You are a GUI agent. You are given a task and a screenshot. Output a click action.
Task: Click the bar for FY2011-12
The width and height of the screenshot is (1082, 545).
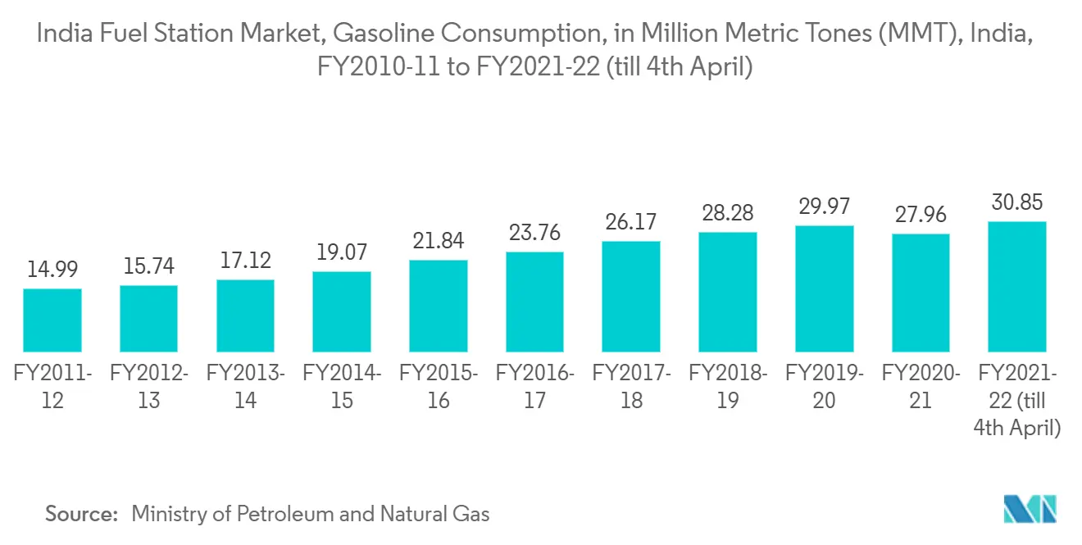point(52,320)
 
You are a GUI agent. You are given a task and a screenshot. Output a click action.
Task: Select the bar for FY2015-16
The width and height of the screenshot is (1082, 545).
point(439,306)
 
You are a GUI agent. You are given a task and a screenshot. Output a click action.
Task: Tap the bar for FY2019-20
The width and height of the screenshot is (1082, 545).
point(825,288)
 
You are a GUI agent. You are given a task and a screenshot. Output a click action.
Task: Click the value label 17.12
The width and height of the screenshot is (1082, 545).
point(245,261)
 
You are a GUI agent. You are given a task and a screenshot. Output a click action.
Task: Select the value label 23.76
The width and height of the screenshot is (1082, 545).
point(534,234)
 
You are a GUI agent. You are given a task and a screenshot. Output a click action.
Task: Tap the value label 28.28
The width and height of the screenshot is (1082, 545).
point(728,214)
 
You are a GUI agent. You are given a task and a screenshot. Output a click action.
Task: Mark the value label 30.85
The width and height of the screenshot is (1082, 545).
point(1017,202)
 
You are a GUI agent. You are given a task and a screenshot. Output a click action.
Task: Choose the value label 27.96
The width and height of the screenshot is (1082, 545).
point(921,216)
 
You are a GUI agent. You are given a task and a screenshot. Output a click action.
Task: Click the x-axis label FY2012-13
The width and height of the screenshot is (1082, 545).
point(148,387)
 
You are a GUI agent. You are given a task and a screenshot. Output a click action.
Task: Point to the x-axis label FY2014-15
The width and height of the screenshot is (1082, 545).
point(342,387)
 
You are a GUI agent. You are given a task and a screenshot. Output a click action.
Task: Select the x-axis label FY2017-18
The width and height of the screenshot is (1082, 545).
point(631,387)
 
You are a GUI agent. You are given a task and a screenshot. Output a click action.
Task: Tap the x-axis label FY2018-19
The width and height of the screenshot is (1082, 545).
point(728,387)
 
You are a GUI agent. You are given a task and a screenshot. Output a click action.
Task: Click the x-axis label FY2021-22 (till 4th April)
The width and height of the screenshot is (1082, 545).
point(1017,400)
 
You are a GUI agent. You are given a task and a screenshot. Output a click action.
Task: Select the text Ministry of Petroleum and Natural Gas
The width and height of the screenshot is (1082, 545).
point(310,514)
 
